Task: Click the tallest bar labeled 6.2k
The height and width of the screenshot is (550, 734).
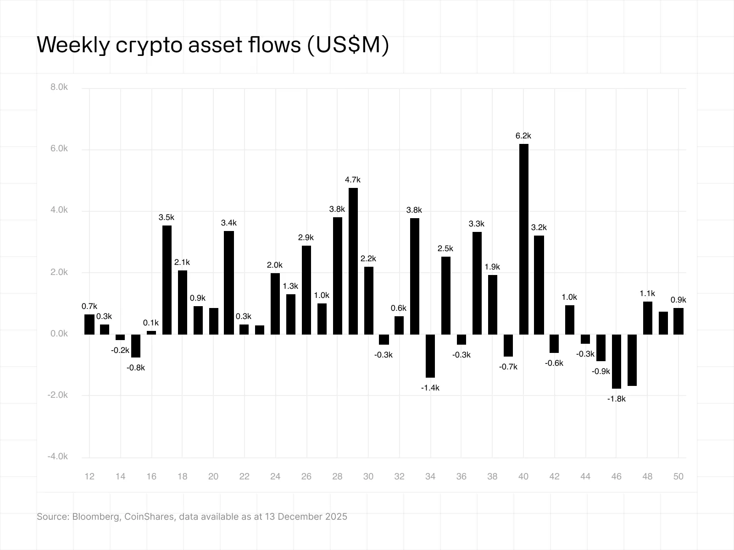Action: (523, 238)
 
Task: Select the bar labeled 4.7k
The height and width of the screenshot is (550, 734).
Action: (353, 261)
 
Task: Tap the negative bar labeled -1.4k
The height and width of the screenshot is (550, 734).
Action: (430, 356)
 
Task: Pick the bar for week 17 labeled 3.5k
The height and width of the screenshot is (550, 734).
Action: (167, 280)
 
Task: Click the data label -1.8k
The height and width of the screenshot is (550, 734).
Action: (616, 399)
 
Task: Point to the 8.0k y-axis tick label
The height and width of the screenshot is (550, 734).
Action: (59, 87)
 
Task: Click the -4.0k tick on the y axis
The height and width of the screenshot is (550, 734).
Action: (58, 456)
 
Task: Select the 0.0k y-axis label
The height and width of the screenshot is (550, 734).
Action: (59, 334)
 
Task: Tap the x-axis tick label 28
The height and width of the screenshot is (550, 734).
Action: (337, 477)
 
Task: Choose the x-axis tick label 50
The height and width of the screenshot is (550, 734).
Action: (678, 477)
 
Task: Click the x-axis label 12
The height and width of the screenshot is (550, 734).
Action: (89, 477)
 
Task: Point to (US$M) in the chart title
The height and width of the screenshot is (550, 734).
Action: (347, 45)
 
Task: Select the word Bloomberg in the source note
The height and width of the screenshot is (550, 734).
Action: (97, 517)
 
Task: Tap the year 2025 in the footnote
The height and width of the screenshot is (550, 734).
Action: (336, 517)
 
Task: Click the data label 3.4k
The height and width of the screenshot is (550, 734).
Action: (228, 223)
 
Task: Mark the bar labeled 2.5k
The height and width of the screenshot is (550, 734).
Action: (445, 296)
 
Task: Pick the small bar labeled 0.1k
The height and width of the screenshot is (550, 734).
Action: (151, 332)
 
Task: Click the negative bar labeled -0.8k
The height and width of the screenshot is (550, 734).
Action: (136, 346)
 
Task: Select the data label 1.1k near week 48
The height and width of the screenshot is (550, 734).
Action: (647, 293)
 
